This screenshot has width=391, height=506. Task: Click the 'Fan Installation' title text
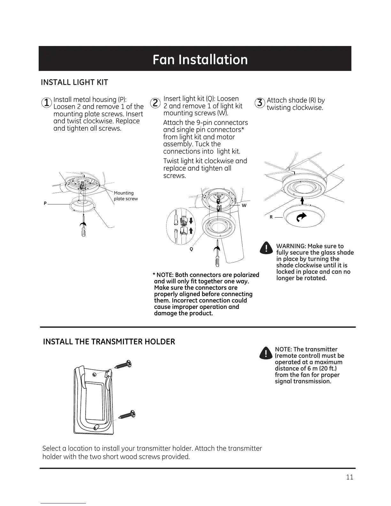[x=200, y=60]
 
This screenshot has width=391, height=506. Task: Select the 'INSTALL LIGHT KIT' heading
[x=74, y=82]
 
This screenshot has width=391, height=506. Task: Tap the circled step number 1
[x=47, y=103]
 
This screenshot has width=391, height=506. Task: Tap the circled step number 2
[x=155, y=103]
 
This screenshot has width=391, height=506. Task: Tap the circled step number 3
[x=260, y=103]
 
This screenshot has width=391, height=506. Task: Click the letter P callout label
[x=45, y=203]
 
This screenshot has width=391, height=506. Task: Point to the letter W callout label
[x=244, y=205]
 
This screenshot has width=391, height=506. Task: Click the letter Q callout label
[x=191, y=249]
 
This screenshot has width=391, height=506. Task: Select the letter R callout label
[x=271, y=217]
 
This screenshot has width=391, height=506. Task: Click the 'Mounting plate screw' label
[x=126, y=196]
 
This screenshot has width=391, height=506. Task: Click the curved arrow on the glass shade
[x=301, y=217]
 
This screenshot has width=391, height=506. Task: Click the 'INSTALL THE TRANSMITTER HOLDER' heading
[x=109, y=342]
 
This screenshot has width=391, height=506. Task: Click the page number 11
[x=349, y=477]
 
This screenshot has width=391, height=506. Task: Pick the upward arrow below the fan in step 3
[x=302, y=200]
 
